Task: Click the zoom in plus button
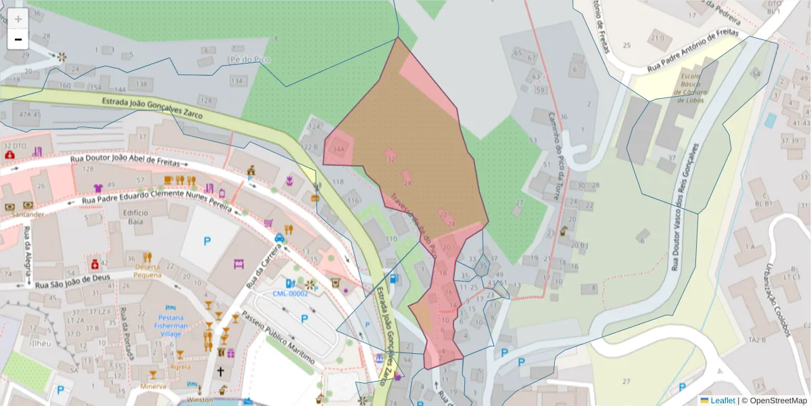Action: pos(18,19)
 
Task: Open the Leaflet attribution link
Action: pos(722,400)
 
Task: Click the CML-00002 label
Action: pos(290,293)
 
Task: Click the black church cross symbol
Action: pos(220,371)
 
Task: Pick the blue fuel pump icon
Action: pos(394,278)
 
